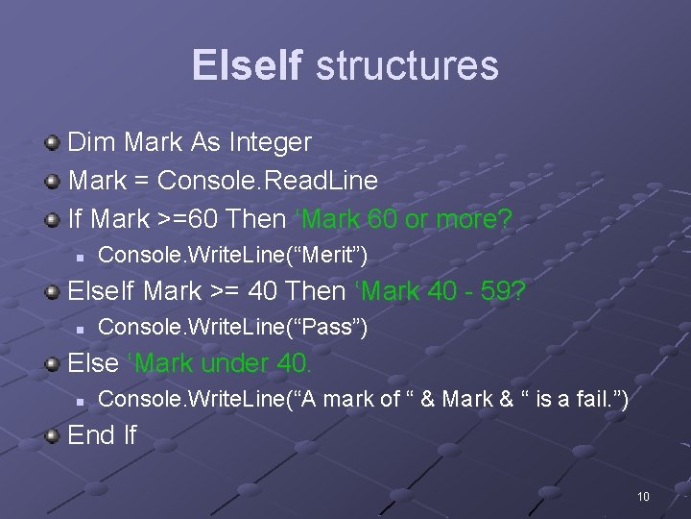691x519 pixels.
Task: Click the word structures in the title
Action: click(407, 65)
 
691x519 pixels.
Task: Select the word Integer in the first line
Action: click(271, 142)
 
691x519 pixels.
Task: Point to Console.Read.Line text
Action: click(268, 181)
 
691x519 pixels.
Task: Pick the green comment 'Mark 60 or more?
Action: click(401, 219)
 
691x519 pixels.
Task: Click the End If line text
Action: click(103, 435)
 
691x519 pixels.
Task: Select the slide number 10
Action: click(643, 496)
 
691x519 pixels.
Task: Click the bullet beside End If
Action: click(54, 436)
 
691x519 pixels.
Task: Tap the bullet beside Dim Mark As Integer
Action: click(54, 143)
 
